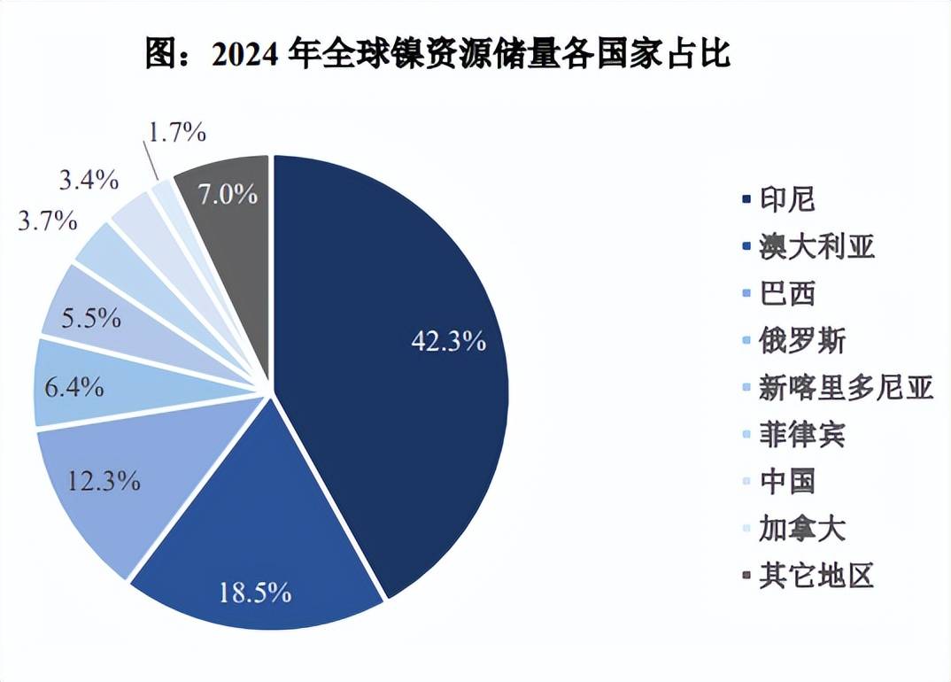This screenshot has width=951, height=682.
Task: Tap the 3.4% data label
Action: tap(89, 181)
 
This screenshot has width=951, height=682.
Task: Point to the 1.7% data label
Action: tap(177, 134)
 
